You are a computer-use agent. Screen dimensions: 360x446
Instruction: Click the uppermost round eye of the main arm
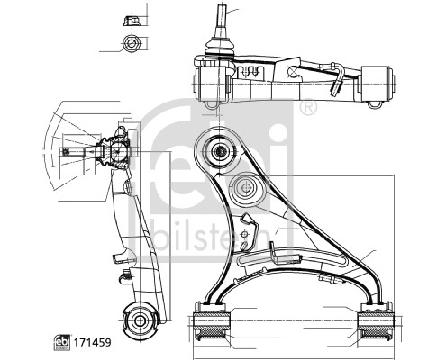218,150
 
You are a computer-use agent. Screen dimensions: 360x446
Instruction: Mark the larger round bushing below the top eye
245,190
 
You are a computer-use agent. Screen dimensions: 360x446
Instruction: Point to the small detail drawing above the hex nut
129,18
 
